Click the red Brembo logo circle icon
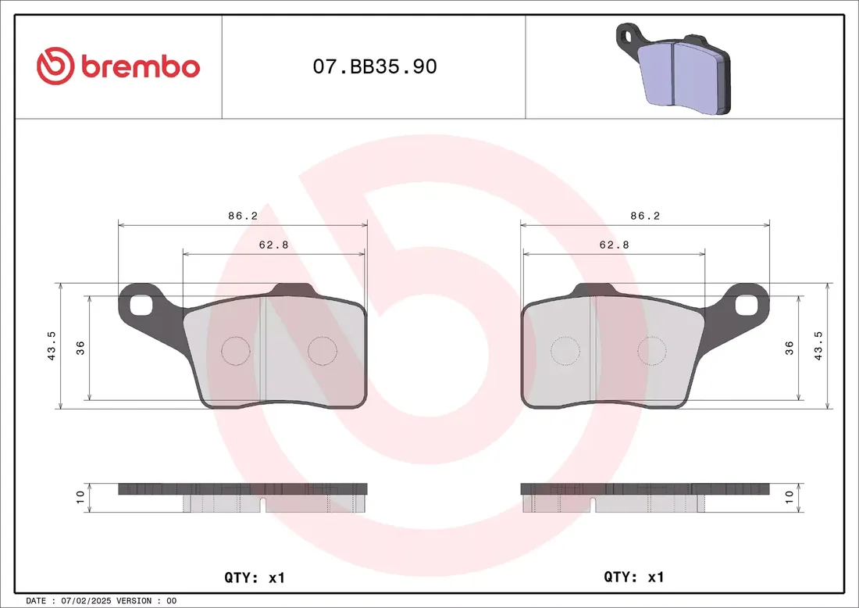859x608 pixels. [55, 66]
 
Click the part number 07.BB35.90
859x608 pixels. [375, 66]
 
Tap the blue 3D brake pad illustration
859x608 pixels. [674, 69]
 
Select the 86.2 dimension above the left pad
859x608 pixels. [243, 216]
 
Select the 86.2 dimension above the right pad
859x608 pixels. [645, 216]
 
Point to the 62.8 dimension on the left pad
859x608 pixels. [273, 245]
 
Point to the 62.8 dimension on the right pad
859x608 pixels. [614, 245]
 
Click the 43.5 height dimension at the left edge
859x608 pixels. [52, 346]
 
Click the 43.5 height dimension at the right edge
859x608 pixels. [818, 346]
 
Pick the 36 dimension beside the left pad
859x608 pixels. [80, 348]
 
